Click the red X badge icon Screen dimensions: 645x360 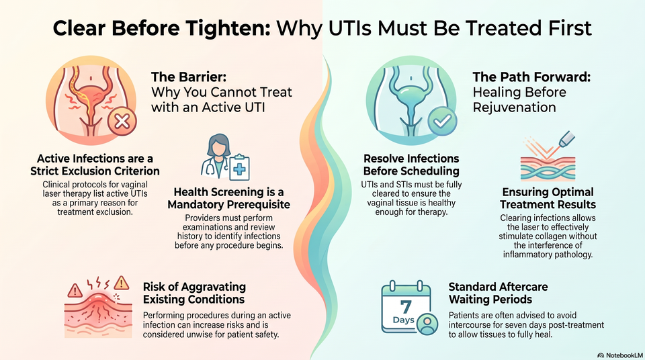[x=122, y=121]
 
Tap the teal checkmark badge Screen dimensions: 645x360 [x=442, y=121]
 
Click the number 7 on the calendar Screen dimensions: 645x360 [x=406, y=307]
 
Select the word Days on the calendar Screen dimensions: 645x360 [x=404, y=320]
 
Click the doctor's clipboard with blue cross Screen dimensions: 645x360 [x=239, y=168]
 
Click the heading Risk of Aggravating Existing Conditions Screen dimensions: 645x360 [x=194, y=293]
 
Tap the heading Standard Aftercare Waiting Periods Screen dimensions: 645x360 [x=498, y=293]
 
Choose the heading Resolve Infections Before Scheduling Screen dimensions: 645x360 [x=411, y=165]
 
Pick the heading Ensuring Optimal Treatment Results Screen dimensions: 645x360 [x=548, y=198]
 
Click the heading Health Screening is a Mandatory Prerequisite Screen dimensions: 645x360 [x=228, y=198]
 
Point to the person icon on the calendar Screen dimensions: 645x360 [x=427, y=324]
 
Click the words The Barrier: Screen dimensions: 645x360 [x=189, y=77]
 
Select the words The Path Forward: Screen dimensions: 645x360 [x=531, y=77]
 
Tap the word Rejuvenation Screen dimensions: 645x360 [x=514, y=107]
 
